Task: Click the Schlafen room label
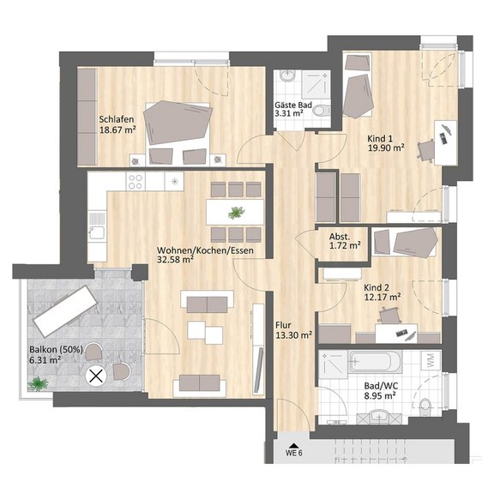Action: (117, 119)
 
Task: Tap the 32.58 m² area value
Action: (175, 259)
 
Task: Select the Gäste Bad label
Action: (293, 105)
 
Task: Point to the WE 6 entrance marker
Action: (293, 451)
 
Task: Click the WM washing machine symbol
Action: (431, 360)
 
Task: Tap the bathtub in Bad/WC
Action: (375, 361)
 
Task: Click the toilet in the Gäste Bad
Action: (322, 110)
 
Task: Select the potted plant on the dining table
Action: (236, 213)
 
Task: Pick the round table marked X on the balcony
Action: (96, 376)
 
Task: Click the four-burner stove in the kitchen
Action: (136, 182)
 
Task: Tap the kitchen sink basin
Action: (97, 232)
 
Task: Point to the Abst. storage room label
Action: (340, 237)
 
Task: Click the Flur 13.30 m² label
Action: (293, 330)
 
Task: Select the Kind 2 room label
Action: (377, 287)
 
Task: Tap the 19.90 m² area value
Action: (386, 148)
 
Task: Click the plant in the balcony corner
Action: (38, 383)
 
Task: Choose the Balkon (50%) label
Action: (56, 349)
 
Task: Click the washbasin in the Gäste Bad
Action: (287, 76)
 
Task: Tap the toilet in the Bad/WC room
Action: (425, 407)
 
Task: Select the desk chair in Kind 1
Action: (426, 151)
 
